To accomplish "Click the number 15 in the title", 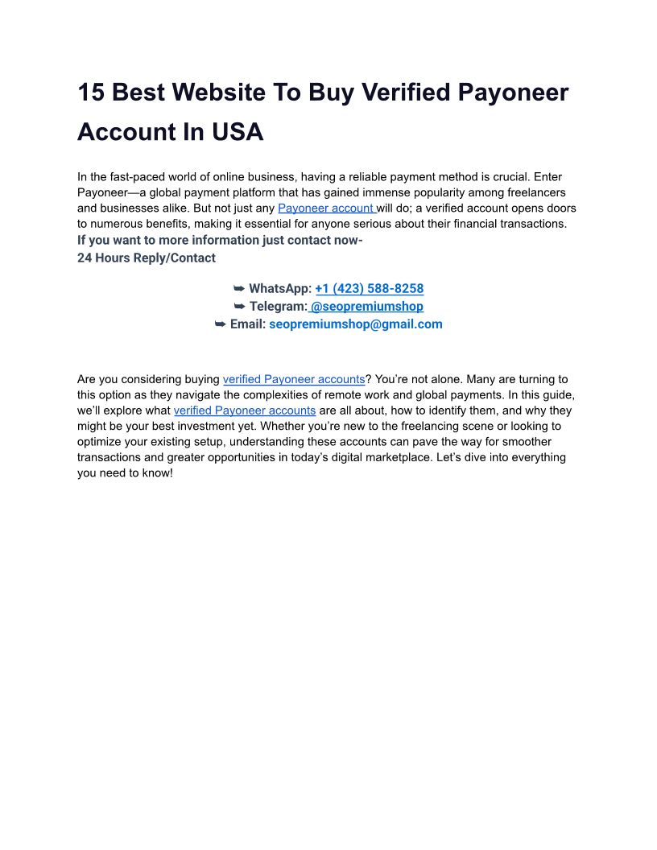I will pos(91,93).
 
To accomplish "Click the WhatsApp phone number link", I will pos(369,288).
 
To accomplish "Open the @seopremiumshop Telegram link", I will pos(366,307).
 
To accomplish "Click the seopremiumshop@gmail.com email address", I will pos(355,324).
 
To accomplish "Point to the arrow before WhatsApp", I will pos(239,288).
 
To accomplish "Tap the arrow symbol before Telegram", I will pos(239,307).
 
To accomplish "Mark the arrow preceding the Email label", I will pos(220,324).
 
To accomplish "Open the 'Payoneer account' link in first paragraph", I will pos(325,208).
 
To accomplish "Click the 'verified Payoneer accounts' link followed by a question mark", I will pos(293,379).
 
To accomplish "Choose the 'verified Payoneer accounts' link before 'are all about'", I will pos(244,411).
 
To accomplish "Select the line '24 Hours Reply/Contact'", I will pos(146,258).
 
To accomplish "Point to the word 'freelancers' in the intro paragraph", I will pos(537,192).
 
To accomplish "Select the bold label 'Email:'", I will pos(247,324).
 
